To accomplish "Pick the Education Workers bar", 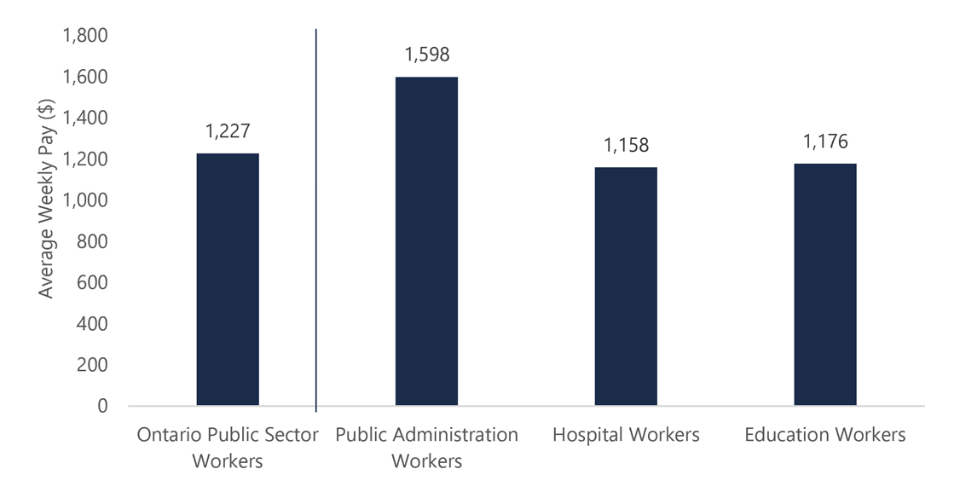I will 824,285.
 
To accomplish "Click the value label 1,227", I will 228,131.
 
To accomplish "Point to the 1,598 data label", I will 426,55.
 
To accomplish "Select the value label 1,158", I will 626,146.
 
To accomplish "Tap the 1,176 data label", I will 824,142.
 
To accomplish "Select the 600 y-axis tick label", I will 91,282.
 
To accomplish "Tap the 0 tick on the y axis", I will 102,406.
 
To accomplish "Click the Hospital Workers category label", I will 626,435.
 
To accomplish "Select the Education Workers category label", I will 824,435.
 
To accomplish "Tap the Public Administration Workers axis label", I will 426,448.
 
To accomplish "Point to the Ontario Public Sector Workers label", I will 228,448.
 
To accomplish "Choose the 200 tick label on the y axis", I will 91,365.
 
